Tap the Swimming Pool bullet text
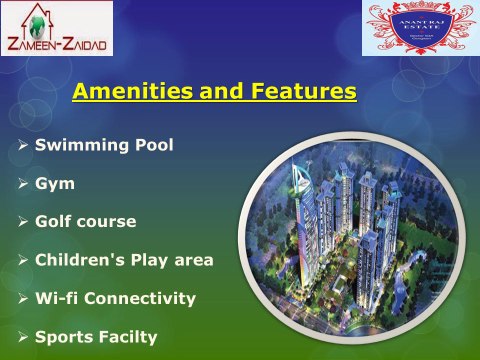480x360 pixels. point(104,145)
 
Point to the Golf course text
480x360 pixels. point(85,221)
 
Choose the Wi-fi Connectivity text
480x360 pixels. point(115,298)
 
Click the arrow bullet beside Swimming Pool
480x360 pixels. point(23,146)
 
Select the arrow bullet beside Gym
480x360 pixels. point(23,184)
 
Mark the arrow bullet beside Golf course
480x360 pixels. point(23,222)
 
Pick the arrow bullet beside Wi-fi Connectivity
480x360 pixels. point(23,299)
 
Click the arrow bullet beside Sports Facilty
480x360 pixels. point(23,337)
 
